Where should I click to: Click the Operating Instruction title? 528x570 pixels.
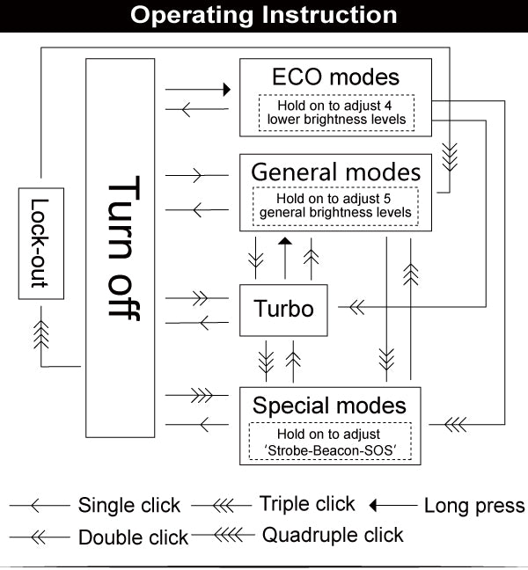(264, 15)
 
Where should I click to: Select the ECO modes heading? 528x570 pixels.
(336, 77)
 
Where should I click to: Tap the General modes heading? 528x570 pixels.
(336, 171)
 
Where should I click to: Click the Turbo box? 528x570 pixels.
(283, 310)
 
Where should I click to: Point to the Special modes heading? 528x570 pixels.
(330, 406)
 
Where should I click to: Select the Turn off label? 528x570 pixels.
(124, 249)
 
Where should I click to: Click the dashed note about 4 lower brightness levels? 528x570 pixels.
(336, 112)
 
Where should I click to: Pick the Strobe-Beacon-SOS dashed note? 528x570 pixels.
(330, 442)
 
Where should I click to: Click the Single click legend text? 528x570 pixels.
(129, 506)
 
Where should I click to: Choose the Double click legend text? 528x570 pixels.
(134, 537)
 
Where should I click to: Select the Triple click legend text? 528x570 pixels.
(307, 504)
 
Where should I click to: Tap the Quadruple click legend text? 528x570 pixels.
(334, 535)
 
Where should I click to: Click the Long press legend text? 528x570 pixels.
(474, 506)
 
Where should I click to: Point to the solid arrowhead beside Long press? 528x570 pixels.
(374, 506)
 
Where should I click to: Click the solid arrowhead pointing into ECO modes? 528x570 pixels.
(226, 90)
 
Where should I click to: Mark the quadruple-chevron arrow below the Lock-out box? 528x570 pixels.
(40, 336)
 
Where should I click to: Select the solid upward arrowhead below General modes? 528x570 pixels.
(283, 242)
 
